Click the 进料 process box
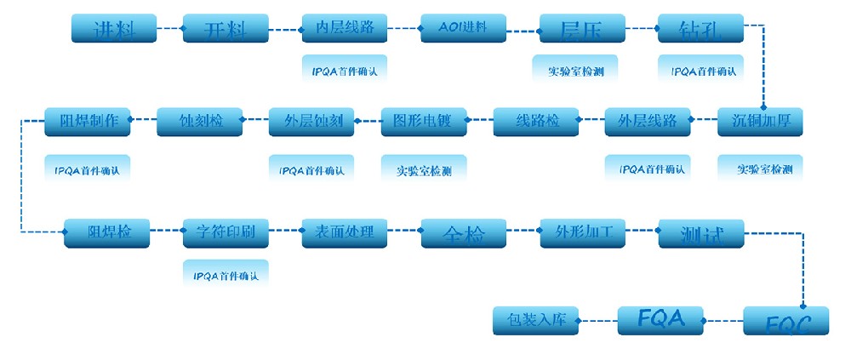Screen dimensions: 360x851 tap(114, 29)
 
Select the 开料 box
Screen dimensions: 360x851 tap(226, 29)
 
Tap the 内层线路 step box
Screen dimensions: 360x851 tap(345, 28)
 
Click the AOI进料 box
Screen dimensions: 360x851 tap(463, 28)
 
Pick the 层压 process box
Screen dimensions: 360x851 tap(582, 29)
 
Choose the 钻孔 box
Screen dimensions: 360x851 tap(700, 29)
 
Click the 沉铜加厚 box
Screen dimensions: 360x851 tap(761, 122)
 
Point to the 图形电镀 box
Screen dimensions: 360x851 tap(424, 122)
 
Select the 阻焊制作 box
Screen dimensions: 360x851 tap(88, 121)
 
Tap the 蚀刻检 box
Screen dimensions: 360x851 tap(200, 122)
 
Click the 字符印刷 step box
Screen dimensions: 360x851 tap(226, 232)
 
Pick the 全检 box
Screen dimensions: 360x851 tap(463, 233)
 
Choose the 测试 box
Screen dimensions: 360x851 tap(701, 233)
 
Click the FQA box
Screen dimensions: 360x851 tap(660, 320)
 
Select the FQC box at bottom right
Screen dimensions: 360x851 tap(785, 321)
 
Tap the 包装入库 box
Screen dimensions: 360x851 tap(535, 320)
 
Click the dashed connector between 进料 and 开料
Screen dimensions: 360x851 tap(170, 30)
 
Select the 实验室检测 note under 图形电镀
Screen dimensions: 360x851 tap(424, 169)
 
